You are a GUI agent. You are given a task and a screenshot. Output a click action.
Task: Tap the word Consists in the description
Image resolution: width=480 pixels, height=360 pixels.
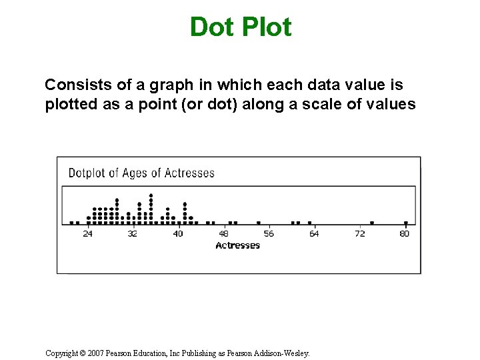point(72,85)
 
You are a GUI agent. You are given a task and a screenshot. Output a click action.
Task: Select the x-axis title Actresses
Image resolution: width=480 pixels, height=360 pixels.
point(237,245)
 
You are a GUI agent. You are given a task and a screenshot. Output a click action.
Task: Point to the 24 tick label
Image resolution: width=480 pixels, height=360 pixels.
point(88,234)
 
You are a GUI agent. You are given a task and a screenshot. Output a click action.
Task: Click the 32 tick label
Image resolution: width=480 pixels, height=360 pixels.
point(133,234)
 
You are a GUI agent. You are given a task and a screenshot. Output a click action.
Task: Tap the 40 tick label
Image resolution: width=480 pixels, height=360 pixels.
point(178,234)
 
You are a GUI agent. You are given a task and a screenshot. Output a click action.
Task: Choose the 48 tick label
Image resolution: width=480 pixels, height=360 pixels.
point(223,234)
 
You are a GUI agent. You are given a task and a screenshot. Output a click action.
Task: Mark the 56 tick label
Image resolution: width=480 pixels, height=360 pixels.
point(269,234)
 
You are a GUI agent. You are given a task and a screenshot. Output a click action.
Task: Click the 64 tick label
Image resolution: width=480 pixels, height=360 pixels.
point(314,234)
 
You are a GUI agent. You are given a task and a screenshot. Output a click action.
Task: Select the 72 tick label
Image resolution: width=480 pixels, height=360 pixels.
point(360,234)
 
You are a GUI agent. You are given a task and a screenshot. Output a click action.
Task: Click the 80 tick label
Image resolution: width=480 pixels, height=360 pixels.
point(405,234)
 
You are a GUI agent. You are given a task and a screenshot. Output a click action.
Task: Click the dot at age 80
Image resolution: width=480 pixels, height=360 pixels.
point(405,223)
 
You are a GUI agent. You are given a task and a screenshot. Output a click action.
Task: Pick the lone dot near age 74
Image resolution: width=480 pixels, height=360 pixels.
point(371,223)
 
